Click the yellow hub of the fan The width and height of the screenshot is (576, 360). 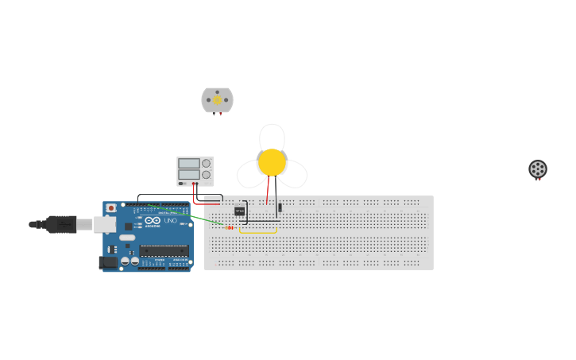click(272, 162)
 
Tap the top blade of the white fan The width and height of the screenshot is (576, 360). click(272, 136)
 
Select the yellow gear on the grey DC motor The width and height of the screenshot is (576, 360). click(217, 100)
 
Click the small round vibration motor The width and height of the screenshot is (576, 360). click(538, 168)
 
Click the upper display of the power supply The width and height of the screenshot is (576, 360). click(188, 164)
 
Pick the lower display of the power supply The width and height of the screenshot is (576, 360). click(188, 175)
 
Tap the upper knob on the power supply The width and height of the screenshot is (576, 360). click(207, 163)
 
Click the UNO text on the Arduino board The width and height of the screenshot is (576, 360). click(170, 220)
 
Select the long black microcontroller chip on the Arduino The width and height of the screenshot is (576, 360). click(164, 250)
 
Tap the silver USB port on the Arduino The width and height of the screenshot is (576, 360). click(105, 224)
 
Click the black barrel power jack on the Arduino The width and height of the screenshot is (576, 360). click(107, 262)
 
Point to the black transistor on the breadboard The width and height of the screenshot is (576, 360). click(239, 211)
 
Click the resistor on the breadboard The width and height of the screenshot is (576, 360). click(230, 227)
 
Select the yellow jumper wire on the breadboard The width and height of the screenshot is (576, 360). click(258, 232)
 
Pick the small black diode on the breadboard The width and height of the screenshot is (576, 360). click(280, 207)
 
